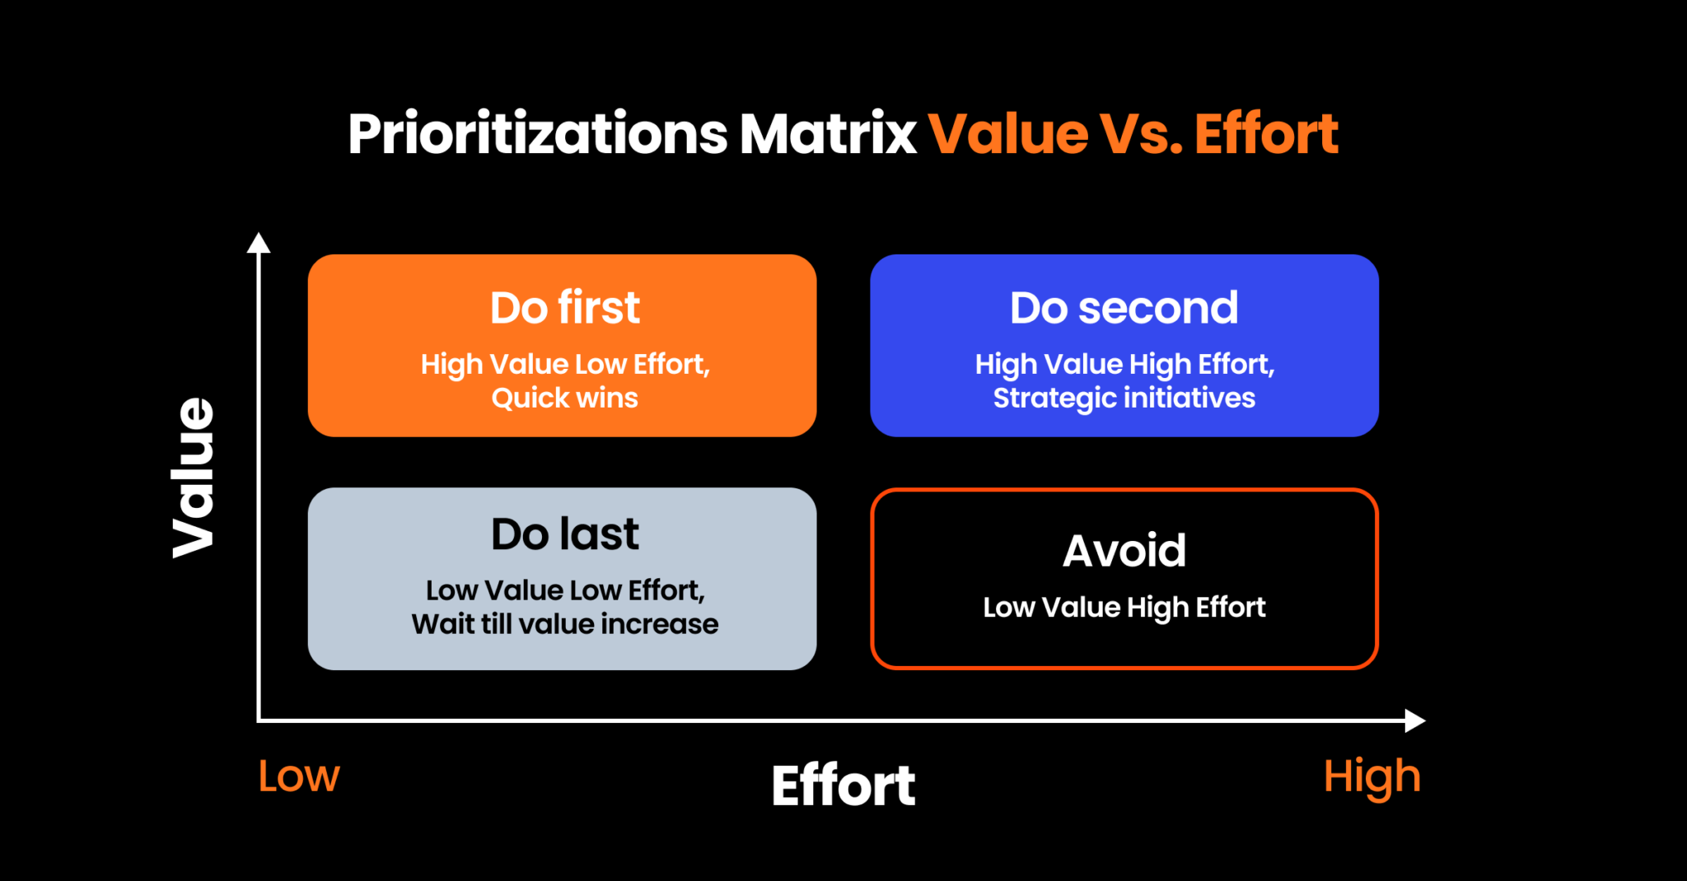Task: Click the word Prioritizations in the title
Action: (537, 134)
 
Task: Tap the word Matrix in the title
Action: (828, 134)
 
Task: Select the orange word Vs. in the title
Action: (1142, 134)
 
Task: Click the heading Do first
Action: (564, 308)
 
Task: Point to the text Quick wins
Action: (564, 399)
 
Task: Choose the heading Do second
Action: (1124, 308)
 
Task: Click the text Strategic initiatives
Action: (1124, 399)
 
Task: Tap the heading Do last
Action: (564, 534)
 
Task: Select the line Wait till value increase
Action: (564, 624)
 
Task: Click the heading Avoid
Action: (1124, 551)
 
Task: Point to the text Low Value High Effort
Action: (1124, 608)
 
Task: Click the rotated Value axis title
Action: (194, 478)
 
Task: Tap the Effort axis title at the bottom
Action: (843, 785)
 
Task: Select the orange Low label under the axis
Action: (298, 776)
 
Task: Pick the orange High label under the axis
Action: (1372, 777)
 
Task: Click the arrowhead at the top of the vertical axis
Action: (259, 243)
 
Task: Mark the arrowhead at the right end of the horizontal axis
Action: (1414, 720)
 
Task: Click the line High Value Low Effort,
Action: (564, 365)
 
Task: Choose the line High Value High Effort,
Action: (1124, 365)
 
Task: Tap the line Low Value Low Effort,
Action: (564, 590)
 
